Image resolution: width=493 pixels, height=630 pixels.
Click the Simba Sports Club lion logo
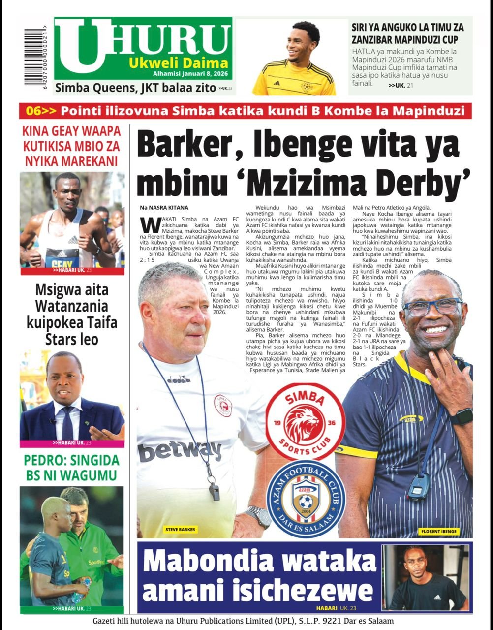(x=305, y=421)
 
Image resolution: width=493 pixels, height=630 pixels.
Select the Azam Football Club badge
(x=306, y=498)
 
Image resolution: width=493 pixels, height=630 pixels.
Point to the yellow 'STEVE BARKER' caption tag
(x=181, y=530)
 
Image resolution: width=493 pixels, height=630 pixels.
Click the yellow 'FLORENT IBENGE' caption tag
(x=439, y=532)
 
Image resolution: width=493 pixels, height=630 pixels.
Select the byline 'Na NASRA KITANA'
(x=164, y=208)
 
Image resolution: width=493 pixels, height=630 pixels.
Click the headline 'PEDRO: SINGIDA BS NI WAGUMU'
(x=72, y=468)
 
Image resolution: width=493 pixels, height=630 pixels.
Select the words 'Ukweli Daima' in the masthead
(x=179, y=63)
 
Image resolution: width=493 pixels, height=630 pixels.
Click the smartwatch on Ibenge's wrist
(x=461, y=417)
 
